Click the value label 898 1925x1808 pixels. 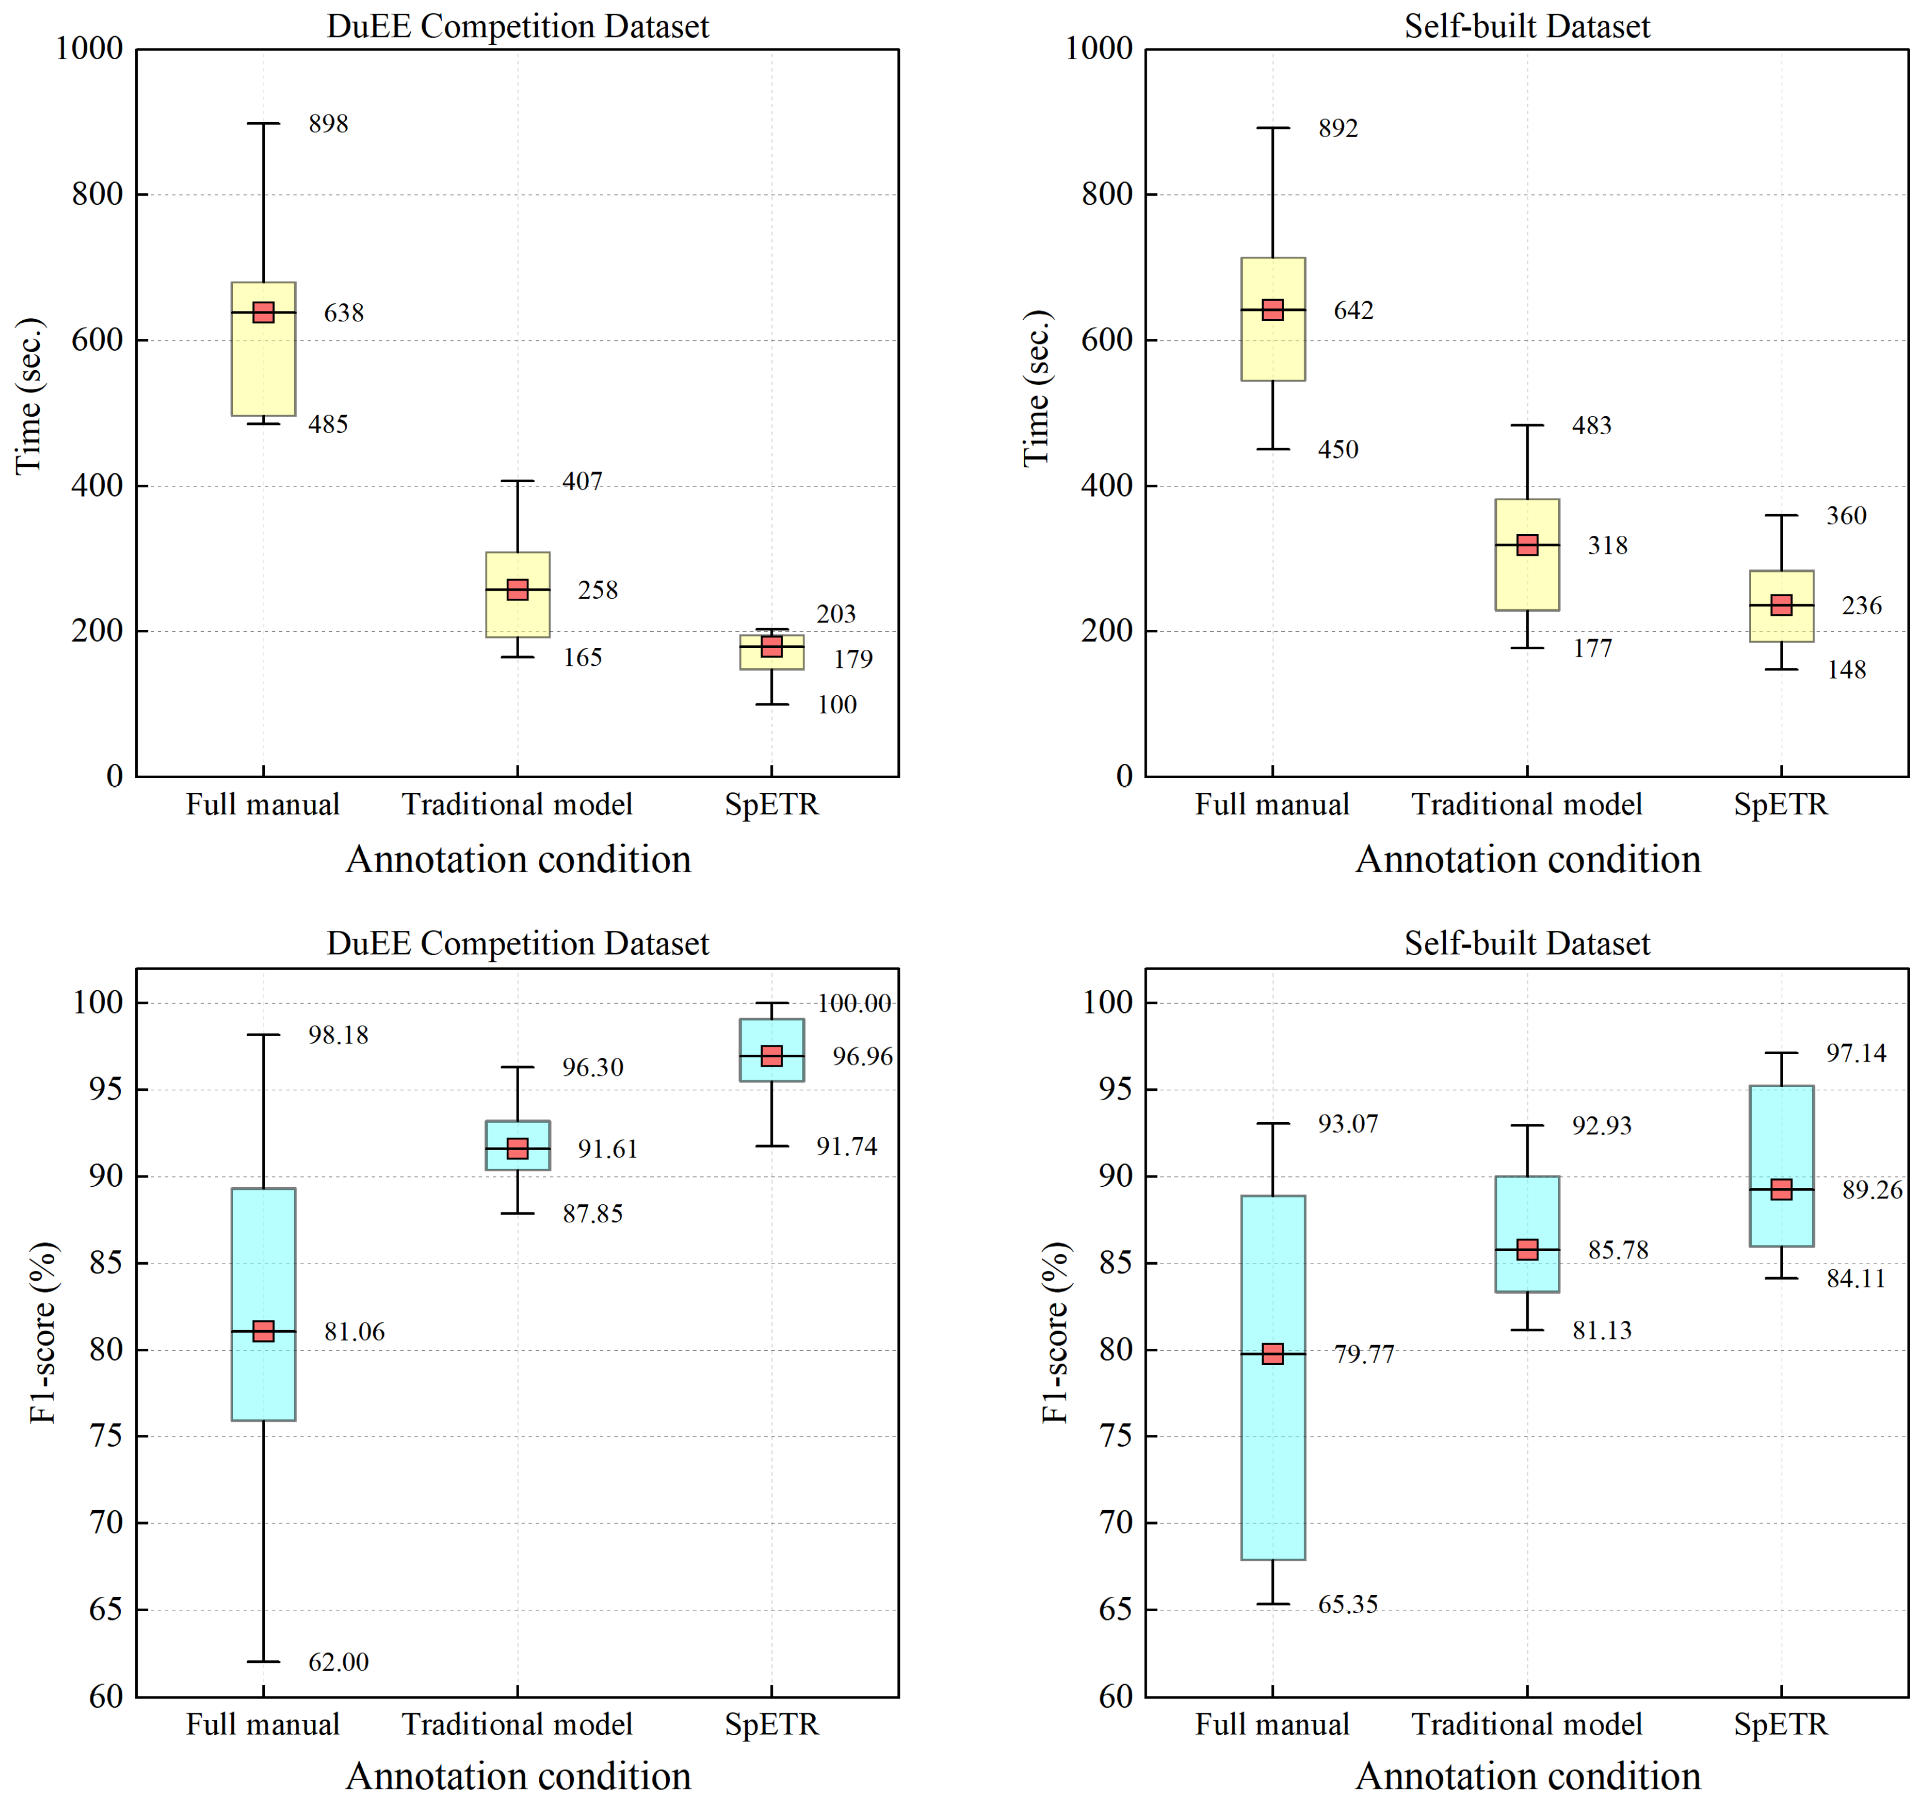(x=328, y=124)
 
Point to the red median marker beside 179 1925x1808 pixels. (x=771, y=647)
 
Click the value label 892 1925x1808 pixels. (x=1338, y=129)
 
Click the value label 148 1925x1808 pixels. (x=1846, y=670)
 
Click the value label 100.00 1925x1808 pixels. (x=853, y=1004)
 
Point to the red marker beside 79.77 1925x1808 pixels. (x=1273, y=1354)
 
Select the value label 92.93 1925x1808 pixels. (x=1602, y=1126)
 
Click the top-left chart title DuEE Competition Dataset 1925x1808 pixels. (x=518, y=26)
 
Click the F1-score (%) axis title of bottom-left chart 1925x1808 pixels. (x=44, y=1332)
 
